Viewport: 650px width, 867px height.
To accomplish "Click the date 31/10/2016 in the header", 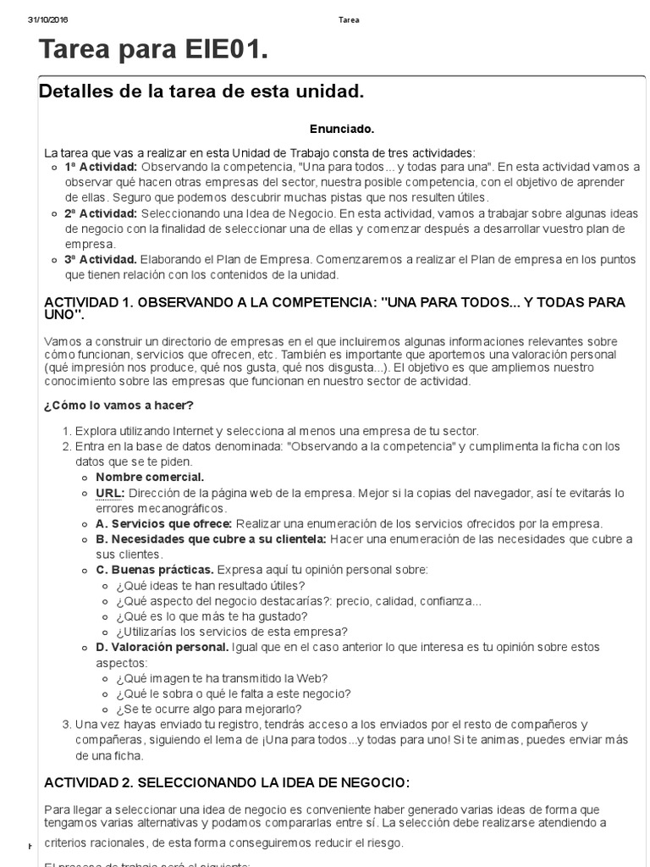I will point(48,19).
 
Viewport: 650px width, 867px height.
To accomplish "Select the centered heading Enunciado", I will point(341,129).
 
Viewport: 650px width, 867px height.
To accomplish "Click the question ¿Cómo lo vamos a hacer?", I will point(118,405).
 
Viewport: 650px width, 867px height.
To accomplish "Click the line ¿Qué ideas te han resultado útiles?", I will point(211,585).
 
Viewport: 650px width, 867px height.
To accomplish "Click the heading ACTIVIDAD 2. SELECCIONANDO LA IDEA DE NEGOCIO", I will point(227,781).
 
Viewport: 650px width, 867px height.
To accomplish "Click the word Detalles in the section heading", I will point(74,91).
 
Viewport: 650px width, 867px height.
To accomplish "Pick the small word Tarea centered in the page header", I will point(349,19).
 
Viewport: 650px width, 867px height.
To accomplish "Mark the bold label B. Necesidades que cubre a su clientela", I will point(211,538).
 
